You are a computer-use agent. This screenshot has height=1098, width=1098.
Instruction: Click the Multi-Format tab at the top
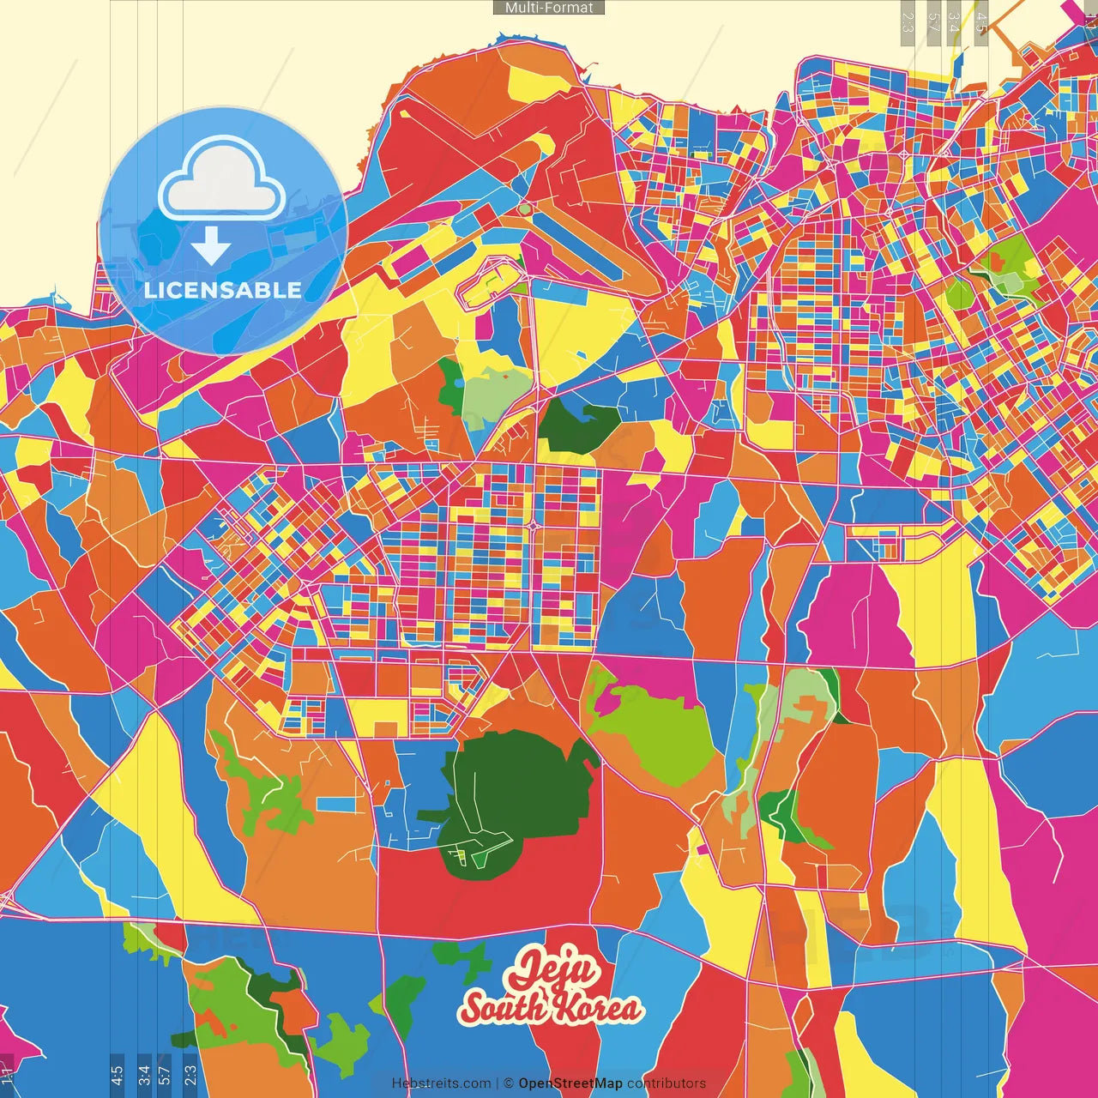(x=549, y=8)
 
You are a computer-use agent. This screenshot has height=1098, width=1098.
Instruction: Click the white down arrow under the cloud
(x=211, y=246)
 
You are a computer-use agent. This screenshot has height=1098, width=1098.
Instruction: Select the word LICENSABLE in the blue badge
(x=223, y=290)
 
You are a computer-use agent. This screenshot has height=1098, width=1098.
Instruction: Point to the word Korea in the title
(x=596, y=1008)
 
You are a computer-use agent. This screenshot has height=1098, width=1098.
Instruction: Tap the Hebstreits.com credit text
(x=441, y=1083)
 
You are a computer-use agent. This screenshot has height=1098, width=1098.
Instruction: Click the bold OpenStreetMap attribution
(x=570, y=1083)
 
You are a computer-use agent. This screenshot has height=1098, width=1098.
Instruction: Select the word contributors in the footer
(x=667, y=1083)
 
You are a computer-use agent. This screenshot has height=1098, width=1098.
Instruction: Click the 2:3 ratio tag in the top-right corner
(x=908, y=22)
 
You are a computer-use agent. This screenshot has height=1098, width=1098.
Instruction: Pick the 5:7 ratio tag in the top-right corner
(x=932, y=22)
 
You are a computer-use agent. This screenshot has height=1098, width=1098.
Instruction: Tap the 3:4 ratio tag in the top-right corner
(x=955, y=22)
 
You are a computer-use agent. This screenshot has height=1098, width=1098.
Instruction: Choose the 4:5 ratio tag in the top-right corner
(x=980, y=22)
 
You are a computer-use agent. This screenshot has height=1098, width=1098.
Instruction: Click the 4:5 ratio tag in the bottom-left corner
(x=117, y=1075)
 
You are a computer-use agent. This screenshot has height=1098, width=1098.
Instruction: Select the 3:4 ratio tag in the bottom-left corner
(x=143, y=1075)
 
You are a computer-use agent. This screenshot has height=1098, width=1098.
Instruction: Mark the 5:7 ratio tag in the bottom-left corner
(x=165, y=1075)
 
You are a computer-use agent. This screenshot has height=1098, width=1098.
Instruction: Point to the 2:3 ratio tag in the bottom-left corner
(x=190, y=1075)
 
